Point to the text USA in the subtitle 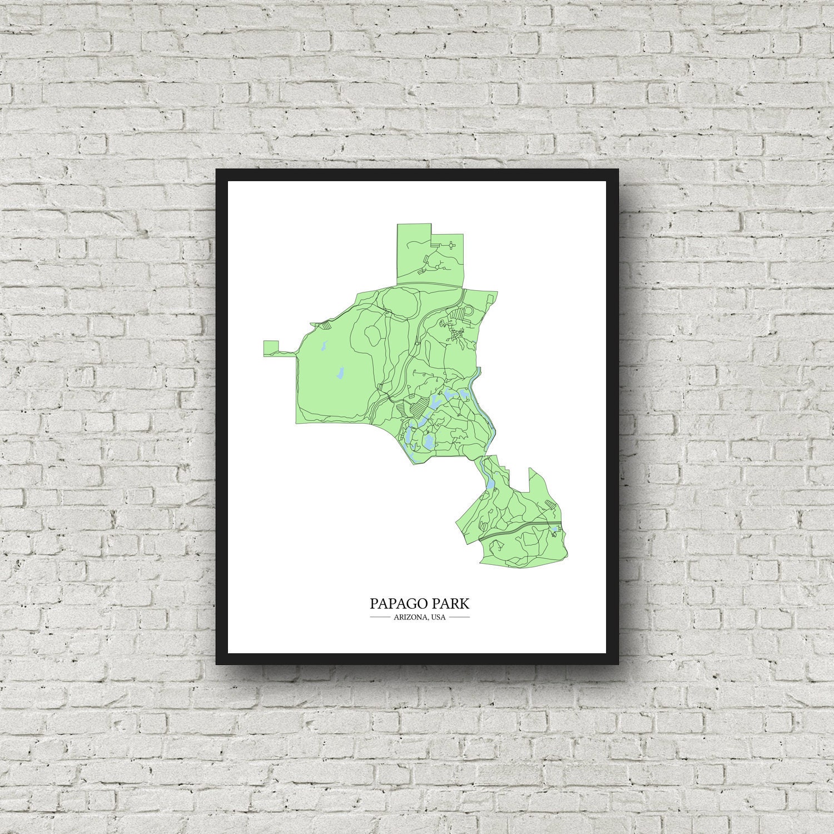point(438,617)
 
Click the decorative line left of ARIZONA point(380,617)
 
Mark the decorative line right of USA point(459,617)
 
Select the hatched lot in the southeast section point(550,504)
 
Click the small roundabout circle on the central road point(417,345)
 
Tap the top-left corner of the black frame point(217,170)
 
